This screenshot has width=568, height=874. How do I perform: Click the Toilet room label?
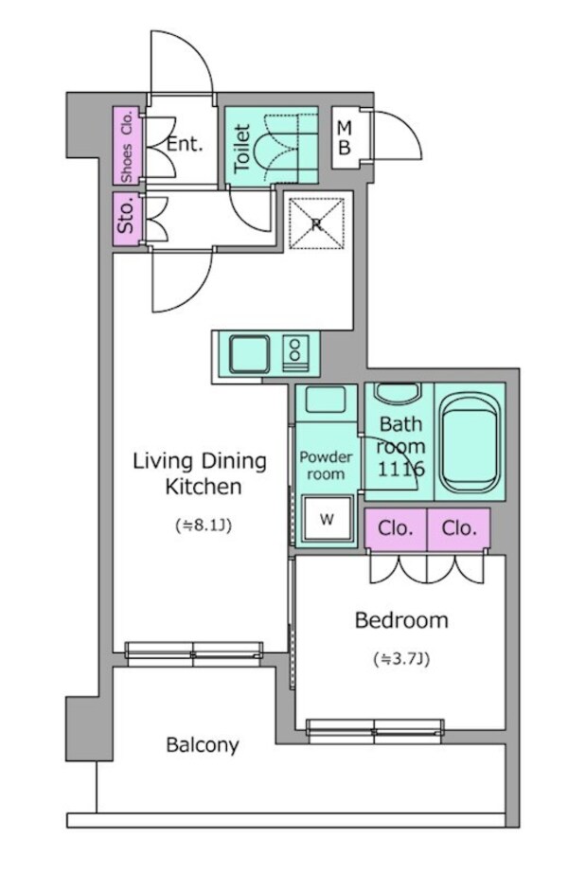[242, 148]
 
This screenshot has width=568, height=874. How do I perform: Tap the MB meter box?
[346, 137]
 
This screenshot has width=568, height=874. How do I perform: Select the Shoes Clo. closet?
[127, 146]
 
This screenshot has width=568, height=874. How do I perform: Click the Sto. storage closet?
[127, 219]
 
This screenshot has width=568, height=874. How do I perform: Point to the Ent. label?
[185, 144]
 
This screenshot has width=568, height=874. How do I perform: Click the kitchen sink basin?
[250, 353]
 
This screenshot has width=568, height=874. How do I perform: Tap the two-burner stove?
[294, 353]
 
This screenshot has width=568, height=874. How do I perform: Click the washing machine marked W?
[328, 519]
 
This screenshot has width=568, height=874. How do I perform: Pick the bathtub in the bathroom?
[469, 442]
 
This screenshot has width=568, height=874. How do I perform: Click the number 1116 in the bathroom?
[401, 469]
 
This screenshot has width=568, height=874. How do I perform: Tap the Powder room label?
[326, 466]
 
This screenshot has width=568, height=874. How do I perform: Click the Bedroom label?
[401, 620]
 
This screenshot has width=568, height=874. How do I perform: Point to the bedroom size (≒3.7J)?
[401, 659]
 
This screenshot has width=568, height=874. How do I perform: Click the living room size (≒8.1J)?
[204, 526]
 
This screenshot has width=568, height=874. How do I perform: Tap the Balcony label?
[203, 744]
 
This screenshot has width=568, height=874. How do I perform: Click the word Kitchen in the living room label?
[204, 487]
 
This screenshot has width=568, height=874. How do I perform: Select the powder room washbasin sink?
[326, 400]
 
